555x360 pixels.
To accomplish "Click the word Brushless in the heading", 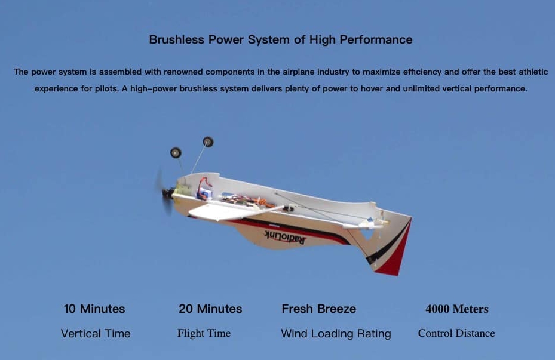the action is coord(177,39).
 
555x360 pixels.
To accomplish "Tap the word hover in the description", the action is coord(372,88).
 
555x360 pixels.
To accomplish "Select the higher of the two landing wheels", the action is coord(208,142).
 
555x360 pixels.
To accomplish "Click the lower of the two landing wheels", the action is coord(176,153).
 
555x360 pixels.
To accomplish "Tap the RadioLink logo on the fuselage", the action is coord(285,236).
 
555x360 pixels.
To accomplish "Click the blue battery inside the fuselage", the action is coord(205,194).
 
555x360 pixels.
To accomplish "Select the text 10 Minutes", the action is coord(94,309).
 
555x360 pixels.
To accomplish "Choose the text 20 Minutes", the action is coord(210,309).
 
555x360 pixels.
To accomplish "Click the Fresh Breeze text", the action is coord(319,309).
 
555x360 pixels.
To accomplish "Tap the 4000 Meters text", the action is coord(457,309).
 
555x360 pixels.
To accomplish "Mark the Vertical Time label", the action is coord(96,334).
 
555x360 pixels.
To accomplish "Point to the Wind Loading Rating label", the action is coord(336,334).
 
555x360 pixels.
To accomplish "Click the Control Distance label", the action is coord(456,333).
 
